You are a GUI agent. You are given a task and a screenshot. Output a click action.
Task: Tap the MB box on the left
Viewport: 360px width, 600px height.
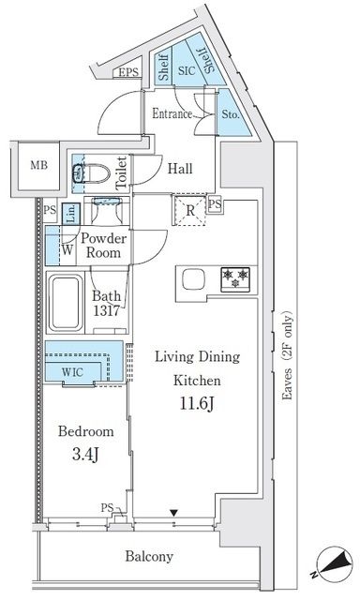[x=37, y=166]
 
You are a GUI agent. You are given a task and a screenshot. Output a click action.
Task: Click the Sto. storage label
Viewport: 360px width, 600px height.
[x=231, y=115]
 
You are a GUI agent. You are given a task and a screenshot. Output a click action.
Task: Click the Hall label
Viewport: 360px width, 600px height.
[x=181, y=169]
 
